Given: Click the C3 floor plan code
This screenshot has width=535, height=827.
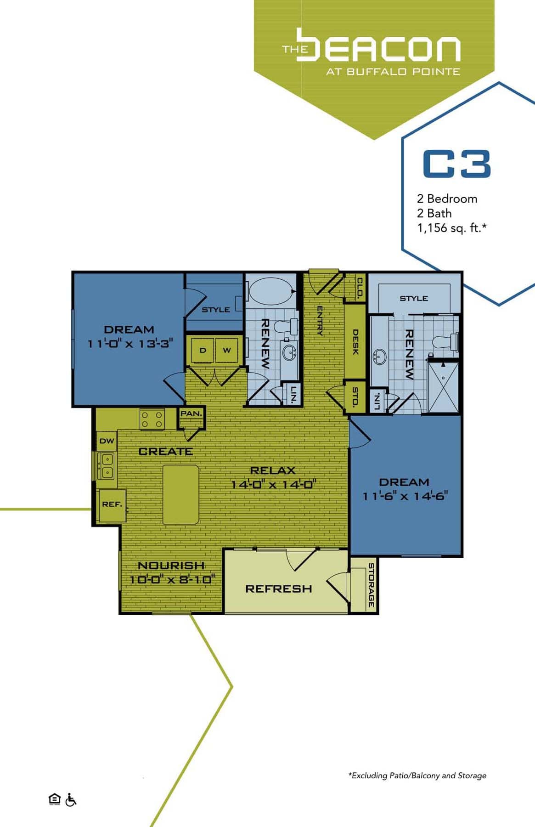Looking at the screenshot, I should [x=456, y=164].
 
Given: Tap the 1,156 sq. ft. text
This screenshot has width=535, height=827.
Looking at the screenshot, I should [x=451, y=228].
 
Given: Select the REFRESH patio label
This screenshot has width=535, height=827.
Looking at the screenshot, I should [x=278, y=589].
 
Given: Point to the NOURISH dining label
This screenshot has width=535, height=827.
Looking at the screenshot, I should [x=171, y=566].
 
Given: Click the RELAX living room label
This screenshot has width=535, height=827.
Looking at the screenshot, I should [x=273, y=470].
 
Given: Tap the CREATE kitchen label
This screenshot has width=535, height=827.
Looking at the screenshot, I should [x=165, y=452].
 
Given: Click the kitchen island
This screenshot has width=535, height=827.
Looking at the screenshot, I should [x=181, y=494].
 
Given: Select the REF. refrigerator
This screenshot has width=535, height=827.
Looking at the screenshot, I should [x=112, y=504].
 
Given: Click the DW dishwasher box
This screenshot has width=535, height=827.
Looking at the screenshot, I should [x=107, y=441].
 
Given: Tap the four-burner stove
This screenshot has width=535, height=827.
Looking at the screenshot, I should [x=152, y=419].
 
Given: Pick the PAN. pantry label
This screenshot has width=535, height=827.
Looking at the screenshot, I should [x=191, y=413].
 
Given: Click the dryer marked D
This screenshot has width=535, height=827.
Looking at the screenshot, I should [x=203, y=351].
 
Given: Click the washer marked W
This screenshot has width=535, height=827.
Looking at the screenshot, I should [x=227, y=351].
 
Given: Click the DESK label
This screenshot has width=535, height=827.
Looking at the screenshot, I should [x=355, y=342].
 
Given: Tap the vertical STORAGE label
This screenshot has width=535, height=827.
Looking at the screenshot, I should [x=371, y=585].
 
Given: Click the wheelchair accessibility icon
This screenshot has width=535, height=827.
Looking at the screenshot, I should [x=71, y=800].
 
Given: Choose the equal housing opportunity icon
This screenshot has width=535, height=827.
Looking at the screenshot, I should [x=54, y=799].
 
